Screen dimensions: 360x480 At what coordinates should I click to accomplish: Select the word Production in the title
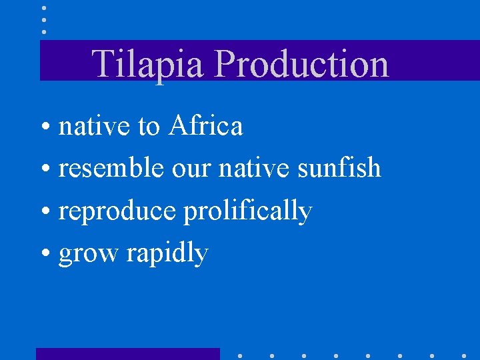302,64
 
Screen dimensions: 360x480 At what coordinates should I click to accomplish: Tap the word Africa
205,125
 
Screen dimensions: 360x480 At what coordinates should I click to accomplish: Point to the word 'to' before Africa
149,125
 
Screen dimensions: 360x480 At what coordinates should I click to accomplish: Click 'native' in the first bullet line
95,125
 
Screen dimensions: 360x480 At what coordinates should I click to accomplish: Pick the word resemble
111,168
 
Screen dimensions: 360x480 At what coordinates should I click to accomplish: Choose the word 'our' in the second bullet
191,168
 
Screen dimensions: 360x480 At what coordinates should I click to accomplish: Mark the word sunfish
339,168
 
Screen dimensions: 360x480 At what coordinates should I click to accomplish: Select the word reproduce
117,211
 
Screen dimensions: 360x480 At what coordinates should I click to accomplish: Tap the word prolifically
247,211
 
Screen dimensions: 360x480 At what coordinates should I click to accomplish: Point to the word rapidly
167,254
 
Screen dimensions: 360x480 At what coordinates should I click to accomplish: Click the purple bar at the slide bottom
127,354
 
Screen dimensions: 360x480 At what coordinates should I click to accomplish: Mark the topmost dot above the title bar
44,8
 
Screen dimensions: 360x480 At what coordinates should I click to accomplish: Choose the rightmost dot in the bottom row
464,355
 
